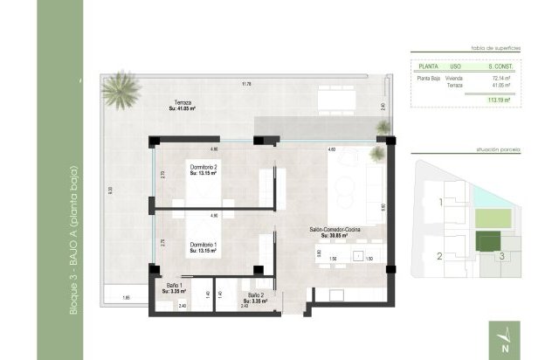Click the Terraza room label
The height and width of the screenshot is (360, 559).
[x=182, y=106]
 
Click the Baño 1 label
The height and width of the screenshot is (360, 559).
[x=174, y=287]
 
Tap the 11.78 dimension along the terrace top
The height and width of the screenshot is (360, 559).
[x=247, y=84]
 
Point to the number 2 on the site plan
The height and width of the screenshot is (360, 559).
[x=440, y=256]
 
